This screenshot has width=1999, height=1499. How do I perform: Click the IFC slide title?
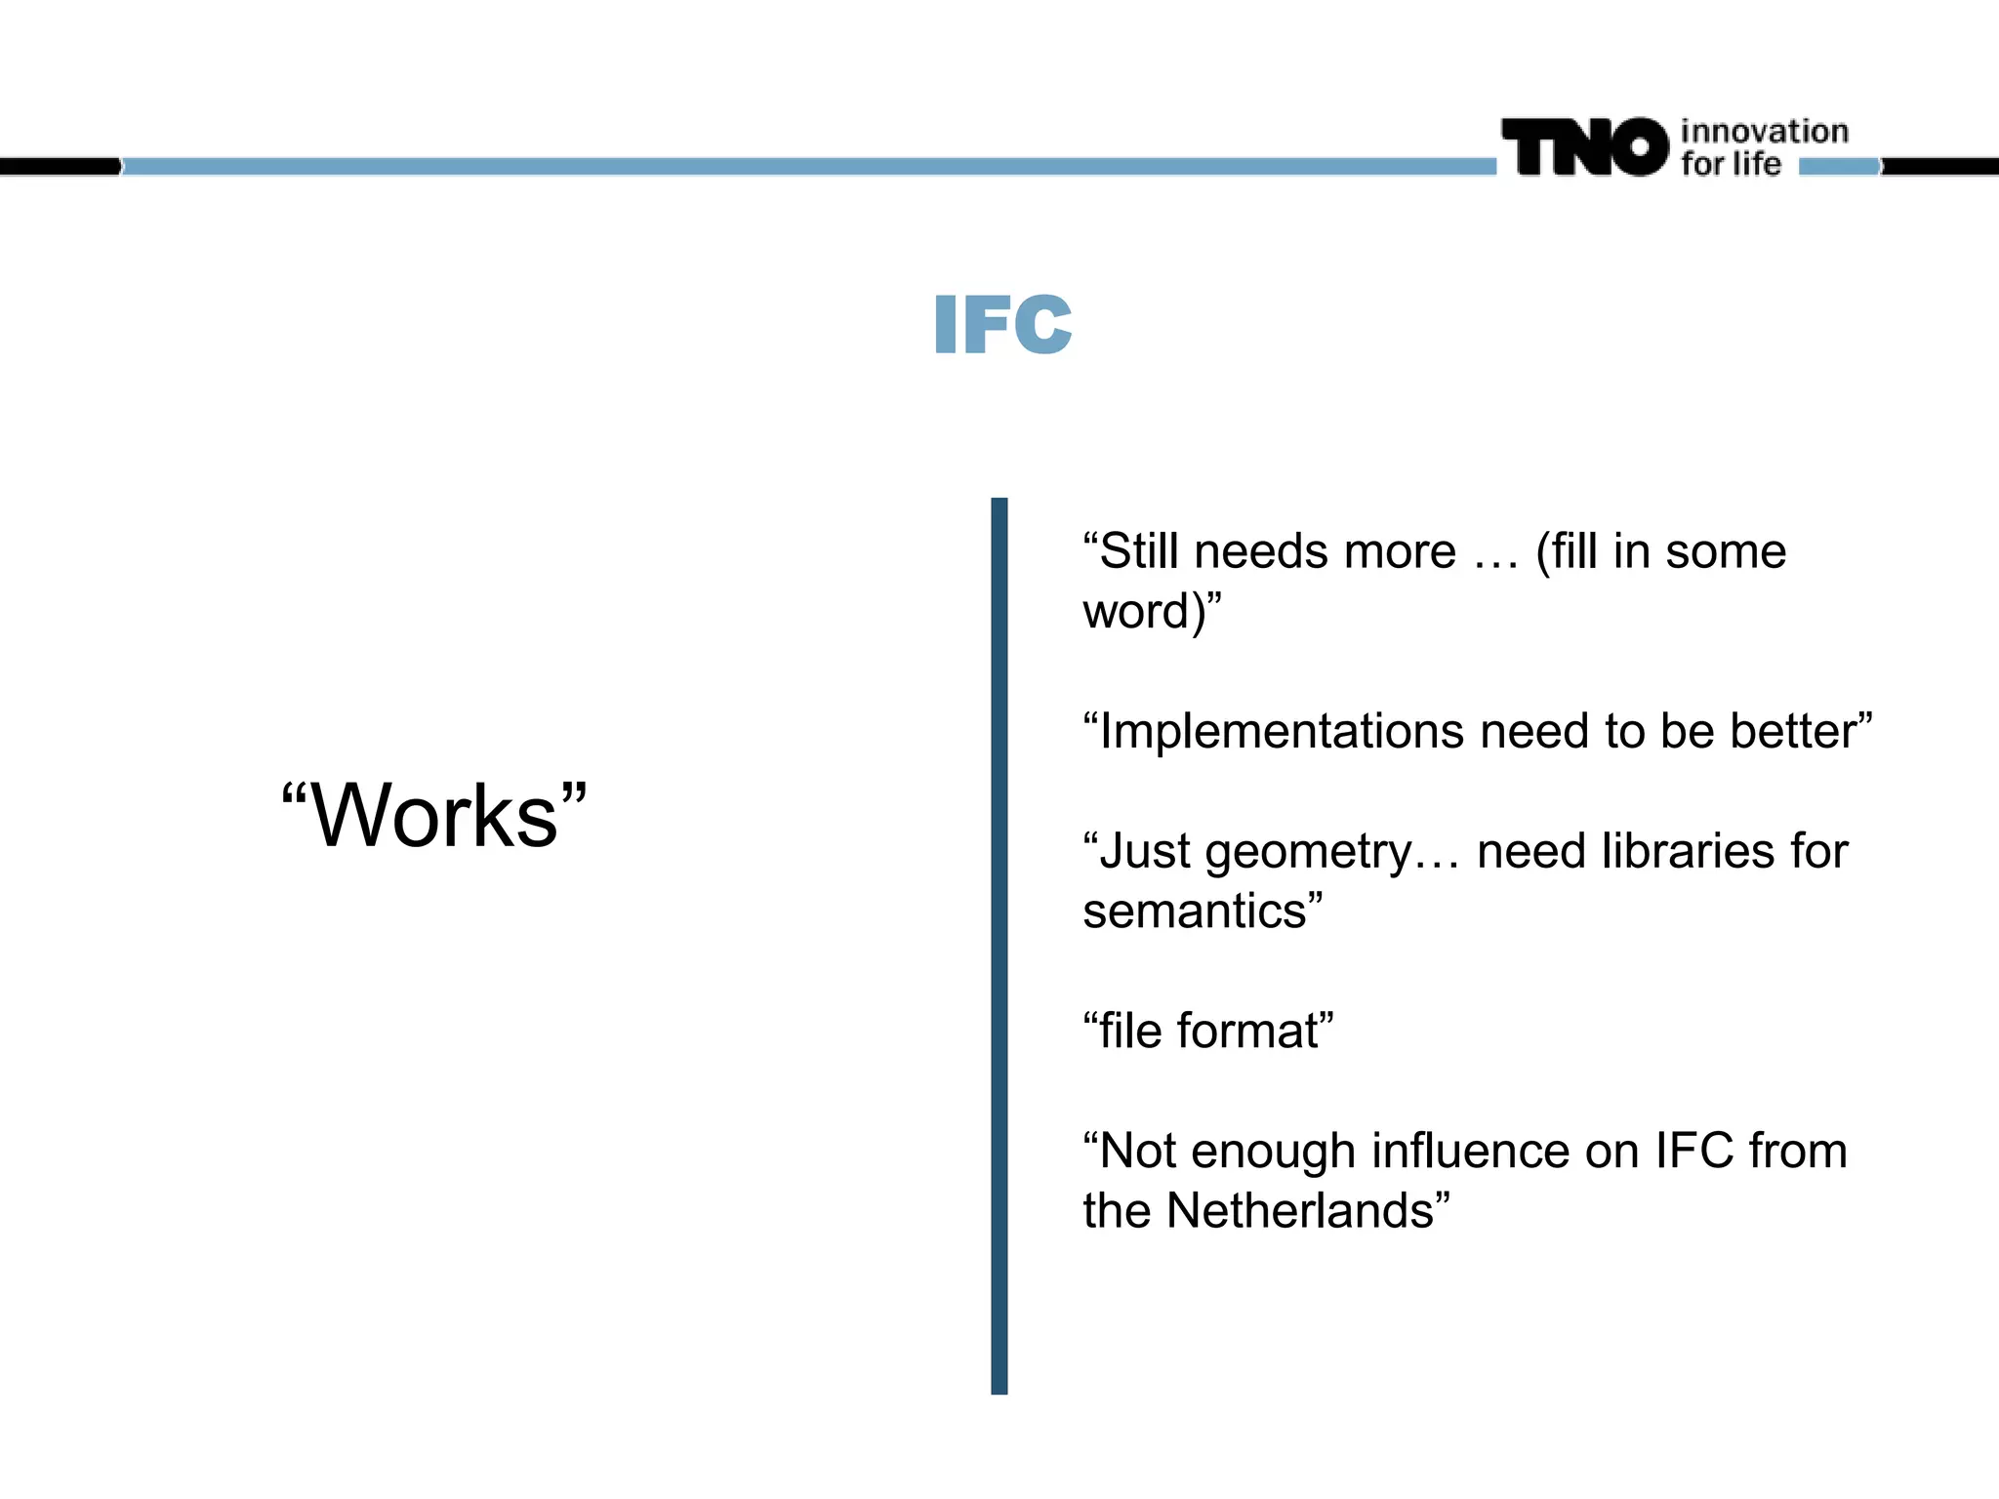click(1002, 324)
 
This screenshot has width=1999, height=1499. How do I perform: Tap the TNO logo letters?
click(1585, 148)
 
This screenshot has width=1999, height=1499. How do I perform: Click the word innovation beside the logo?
click(1764, 132)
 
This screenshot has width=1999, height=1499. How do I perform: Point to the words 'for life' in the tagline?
click(1731, 164)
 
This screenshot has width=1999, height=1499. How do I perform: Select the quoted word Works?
click(435, 817)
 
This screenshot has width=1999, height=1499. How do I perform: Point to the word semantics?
click(1195, 911)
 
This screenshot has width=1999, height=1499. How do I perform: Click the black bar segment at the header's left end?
click(59, 167)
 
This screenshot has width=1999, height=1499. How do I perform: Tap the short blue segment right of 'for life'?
click(1838, 167)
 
